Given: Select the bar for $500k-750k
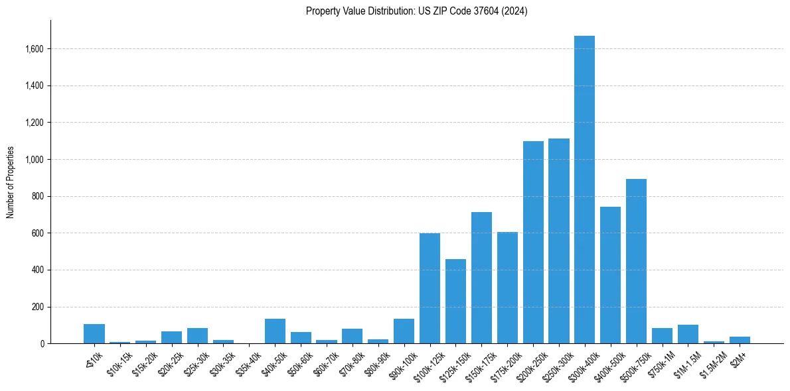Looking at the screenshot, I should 636,261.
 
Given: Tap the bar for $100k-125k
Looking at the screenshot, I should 430,288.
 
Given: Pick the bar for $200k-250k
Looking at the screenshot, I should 533,243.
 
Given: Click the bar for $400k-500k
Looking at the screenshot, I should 610,275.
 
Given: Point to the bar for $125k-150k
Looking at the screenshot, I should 455,302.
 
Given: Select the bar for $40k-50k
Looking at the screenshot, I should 275,331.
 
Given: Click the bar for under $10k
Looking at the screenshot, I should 94,334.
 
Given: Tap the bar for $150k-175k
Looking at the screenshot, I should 481,278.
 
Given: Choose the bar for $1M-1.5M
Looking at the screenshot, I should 688,334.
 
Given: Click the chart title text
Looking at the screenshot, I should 416,11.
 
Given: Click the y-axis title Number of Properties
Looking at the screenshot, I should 11,182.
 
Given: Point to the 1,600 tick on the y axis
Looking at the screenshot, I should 35,49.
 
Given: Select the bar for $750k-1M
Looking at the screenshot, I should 662,336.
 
